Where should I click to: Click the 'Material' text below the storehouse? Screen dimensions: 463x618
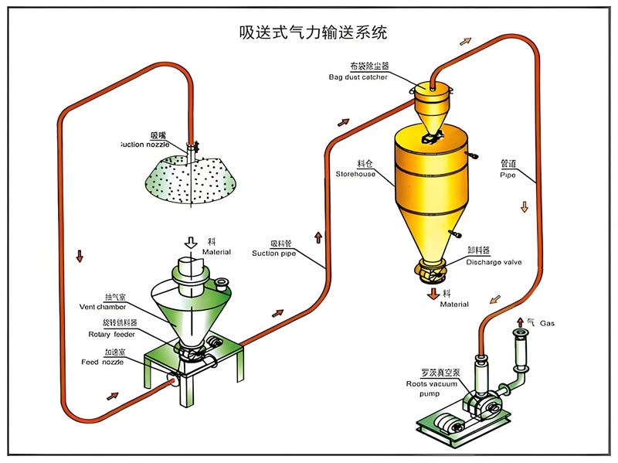454,305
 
